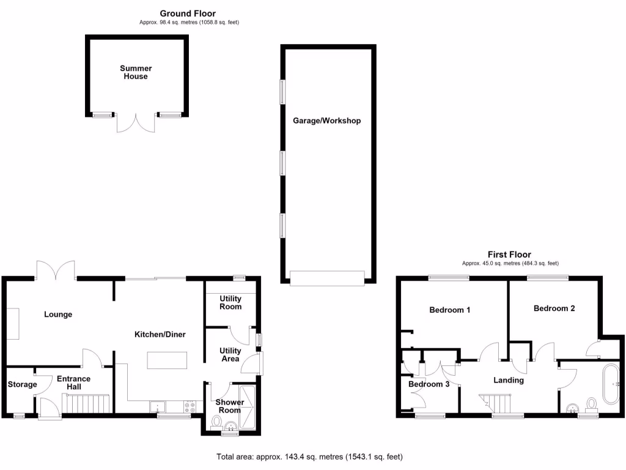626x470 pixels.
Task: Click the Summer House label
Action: [136, 72]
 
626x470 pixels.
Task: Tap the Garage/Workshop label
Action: [326, 121]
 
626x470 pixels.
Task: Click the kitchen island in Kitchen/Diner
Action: [166, 360]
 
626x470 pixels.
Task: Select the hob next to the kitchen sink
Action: [190, 406]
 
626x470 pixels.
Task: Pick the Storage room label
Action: [22, 384]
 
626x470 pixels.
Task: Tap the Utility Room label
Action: [230, 302]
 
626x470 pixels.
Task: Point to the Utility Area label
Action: [230, 355]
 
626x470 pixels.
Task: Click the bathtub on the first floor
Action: [611, 384]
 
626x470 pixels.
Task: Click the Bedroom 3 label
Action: [429, 384]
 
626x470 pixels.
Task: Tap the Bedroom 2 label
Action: [554, 308]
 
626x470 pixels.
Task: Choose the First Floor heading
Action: [509, 255]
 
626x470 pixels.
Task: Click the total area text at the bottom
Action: [309, 457]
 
